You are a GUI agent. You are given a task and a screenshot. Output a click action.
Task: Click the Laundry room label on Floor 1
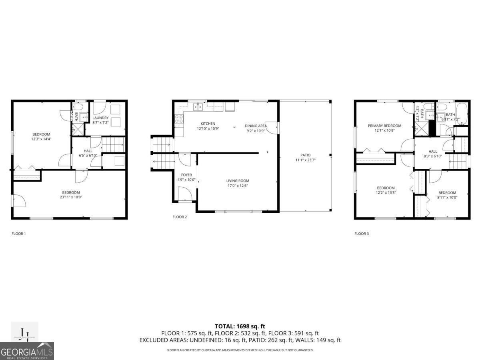pos(100,118)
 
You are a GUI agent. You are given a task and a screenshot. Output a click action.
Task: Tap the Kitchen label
pos(208,124)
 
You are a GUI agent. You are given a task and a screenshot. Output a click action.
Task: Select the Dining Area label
pos(256,126)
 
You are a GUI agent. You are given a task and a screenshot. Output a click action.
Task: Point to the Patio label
pos(306,155)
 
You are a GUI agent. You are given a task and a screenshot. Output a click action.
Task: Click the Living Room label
pos(238,181)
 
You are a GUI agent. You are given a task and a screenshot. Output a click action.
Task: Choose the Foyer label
pos(186,175)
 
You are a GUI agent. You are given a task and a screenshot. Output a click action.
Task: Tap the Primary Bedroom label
pos(384,126)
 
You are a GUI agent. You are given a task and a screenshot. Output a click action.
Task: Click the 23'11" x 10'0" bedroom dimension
pos(71,197)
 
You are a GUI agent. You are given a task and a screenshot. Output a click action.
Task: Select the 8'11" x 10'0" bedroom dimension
pos(447,197)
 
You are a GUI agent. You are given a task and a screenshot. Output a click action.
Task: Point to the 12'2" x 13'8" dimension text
pos(386,193)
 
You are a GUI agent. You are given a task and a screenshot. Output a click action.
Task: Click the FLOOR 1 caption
pos(19,234)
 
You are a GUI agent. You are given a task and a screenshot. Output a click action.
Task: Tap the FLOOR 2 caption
pos(180,217)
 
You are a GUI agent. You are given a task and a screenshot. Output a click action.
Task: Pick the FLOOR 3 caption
pos(362,234)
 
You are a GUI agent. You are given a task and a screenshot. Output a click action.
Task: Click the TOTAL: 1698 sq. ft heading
pos(240,326)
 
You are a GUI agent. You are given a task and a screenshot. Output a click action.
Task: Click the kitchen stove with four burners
pos(179,118)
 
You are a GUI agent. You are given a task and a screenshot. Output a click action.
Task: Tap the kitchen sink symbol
pos(198,106)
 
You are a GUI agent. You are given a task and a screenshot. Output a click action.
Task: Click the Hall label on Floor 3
pos(433,152)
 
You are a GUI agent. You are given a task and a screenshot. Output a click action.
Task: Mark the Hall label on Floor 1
pos(88,151)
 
